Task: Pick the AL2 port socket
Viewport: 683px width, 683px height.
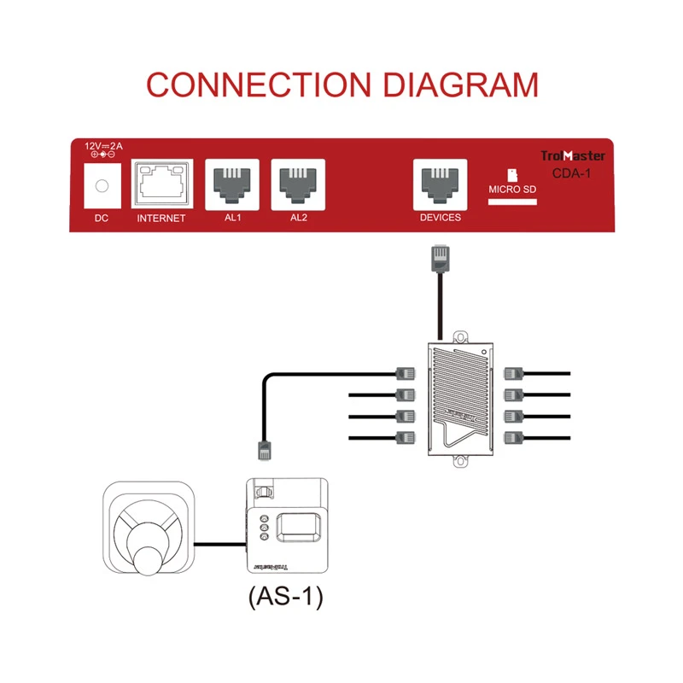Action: [298, 182]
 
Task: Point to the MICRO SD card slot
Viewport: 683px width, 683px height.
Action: [511, 202]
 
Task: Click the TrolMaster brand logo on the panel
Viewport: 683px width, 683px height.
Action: [574, 156]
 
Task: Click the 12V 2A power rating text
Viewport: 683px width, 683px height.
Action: [103, 146]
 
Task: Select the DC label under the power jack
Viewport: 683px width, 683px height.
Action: [102, 218]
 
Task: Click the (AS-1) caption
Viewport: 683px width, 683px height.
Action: [285, 597]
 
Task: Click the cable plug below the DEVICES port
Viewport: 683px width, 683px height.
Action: [440, 259]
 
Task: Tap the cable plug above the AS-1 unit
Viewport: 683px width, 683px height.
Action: [266, 450]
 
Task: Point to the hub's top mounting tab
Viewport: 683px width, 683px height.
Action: [462, 333]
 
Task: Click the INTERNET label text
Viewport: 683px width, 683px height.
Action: [161, 218]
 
